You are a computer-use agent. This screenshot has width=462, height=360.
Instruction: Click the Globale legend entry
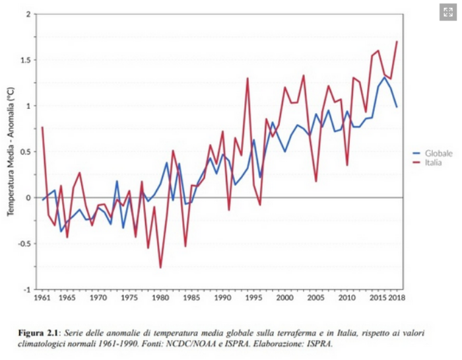point(438,153)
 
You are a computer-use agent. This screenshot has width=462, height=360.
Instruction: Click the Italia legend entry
point(434,162)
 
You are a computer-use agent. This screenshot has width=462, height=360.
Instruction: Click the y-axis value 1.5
point(26,60)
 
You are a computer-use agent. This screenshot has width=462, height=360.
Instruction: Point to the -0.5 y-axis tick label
point(24,244)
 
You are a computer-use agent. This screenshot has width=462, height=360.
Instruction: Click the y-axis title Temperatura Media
point(11,152)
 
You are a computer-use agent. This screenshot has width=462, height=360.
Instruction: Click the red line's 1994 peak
point(247,78)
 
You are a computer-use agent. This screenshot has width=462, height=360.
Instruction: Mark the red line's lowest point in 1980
point(160,268)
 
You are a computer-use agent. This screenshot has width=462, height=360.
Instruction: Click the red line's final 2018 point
point(397,42)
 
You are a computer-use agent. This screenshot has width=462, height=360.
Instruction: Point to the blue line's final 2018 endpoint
point(397,106)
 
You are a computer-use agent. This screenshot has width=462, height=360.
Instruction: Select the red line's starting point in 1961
point(42,127)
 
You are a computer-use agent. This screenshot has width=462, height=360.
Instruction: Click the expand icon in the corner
point(448,12)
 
